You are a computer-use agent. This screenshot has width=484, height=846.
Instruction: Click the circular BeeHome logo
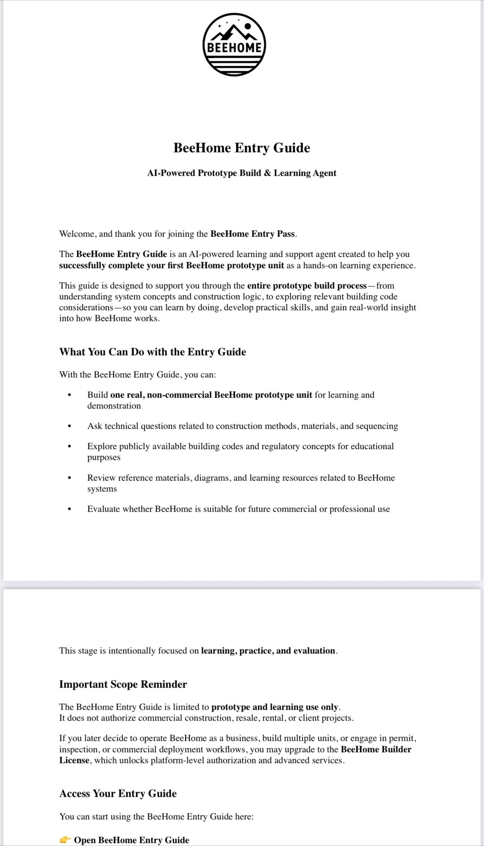coord(234,45)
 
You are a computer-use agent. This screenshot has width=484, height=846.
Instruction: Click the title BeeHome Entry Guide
coord(242,148)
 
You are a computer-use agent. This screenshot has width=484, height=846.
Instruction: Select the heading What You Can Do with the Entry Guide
coord(152,352)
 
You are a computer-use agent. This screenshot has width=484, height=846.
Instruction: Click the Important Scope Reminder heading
coord(123,684)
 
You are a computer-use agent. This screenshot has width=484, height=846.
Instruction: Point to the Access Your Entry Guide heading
coord(118,793)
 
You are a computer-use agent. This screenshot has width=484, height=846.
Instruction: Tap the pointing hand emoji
coord(65,840)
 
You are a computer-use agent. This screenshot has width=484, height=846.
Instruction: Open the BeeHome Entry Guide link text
coord(131,840)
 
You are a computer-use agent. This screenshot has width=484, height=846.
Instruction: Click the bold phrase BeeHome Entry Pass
coord(253,234)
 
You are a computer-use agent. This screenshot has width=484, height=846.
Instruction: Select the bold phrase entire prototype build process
coord(307,286)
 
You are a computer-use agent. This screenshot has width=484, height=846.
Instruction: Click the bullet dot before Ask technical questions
coord(69,426)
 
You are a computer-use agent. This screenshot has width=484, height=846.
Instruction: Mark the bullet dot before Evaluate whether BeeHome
coord(69,509)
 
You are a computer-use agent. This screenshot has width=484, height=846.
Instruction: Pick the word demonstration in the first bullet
coord(114,406)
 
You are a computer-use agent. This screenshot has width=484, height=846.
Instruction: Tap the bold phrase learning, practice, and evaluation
coord(268,650)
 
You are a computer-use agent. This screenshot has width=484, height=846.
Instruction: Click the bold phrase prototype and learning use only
coord(275,707)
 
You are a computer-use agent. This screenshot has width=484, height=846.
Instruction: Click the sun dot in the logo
coord(248,26)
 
